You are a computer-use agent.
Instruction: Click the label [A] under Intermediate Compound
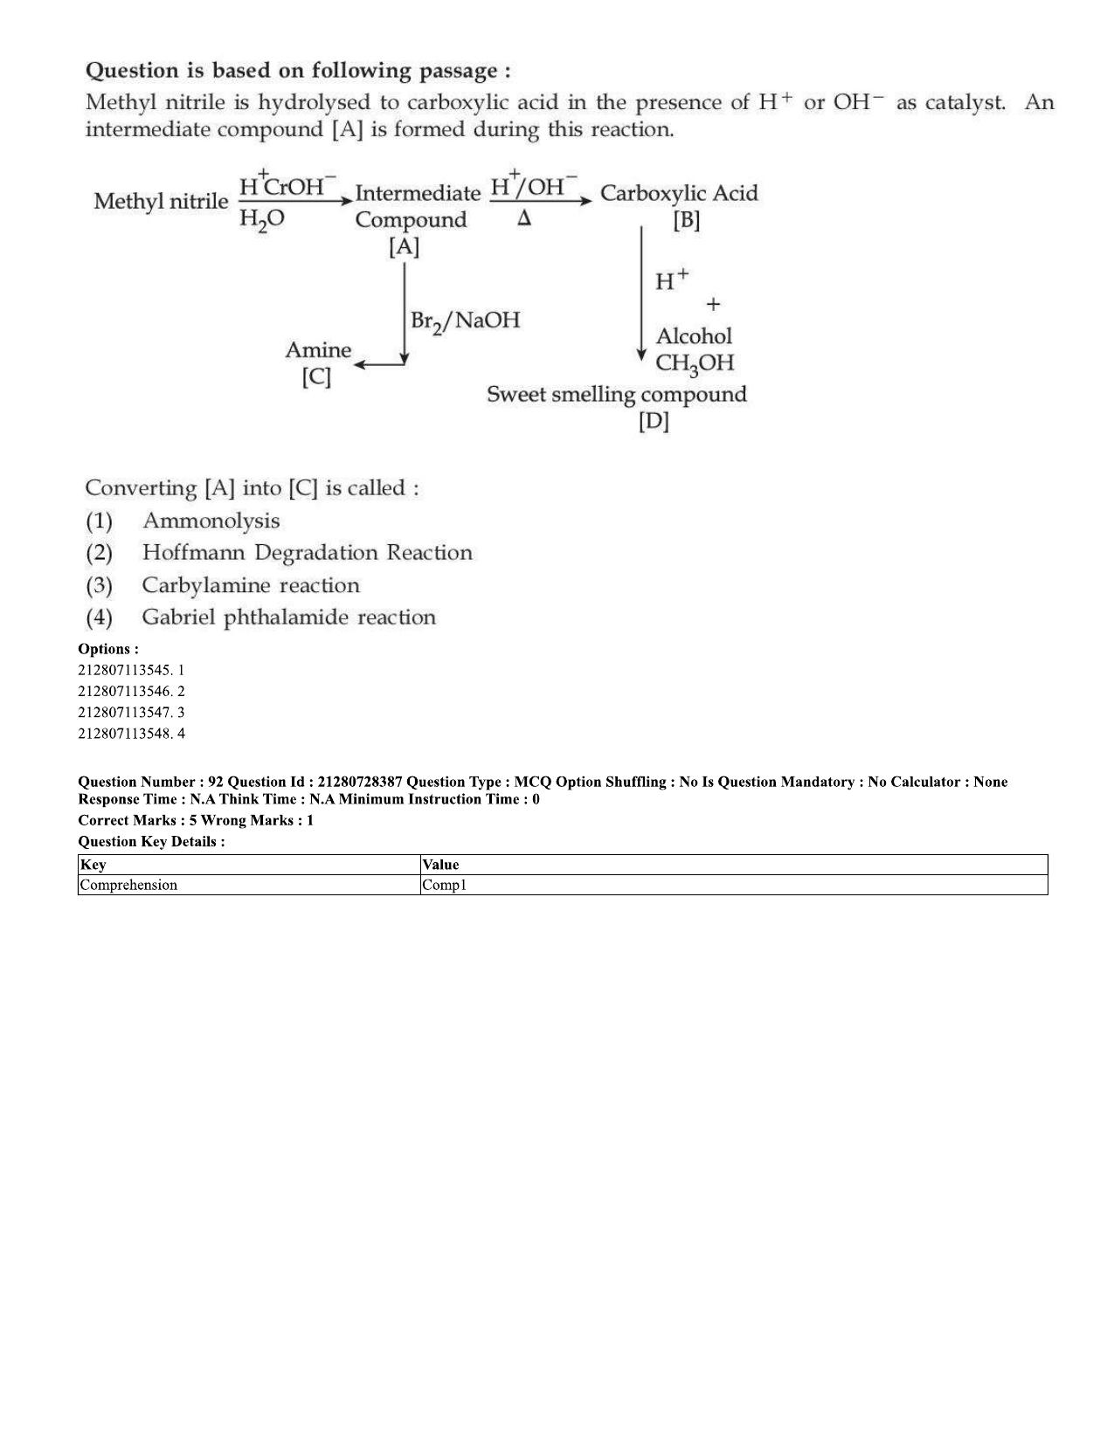click(404, 247)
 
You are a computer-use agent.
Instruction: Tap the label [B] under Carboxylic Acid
click(686, 220)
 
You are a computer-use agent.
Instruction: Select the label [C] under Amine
click(316, 377)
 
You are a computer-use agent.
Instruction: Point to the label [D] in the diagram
click(654, 421)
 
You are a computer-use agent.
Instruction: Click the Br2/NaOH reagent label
click(466, 321)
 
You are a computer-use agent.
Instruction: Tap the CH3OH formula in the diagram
click(695, 363)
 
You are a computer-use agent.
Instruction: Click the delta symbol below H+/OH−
click(524, 218)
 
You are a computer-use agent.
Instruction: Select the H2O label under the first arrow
click(261, 219)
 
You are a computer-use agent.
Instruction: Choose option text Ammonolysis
click(211, 521)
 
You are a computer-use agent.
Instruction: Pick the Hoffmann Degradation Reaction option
click(308, 552)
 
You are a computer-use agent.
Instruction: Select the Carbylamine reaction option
click(251, 585)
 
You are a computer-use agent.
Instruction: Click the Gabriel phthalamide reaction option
click(289, 618)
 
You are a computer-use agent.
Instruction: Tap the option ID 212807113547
click(125, 712)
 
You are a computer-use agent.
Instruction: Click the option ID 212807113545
click(125, 670)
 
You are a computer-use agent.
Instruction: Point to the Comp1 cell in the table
click(445, 885)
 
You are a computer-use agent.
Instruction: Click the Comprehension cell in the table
click(128, 885)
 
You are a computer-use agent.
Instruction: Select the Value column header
click(441, 864)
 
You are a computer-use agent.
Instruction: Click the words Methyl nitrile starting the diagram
click(161, 201)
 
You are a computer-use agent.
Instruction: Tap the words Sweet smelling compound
click(617, 395)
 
